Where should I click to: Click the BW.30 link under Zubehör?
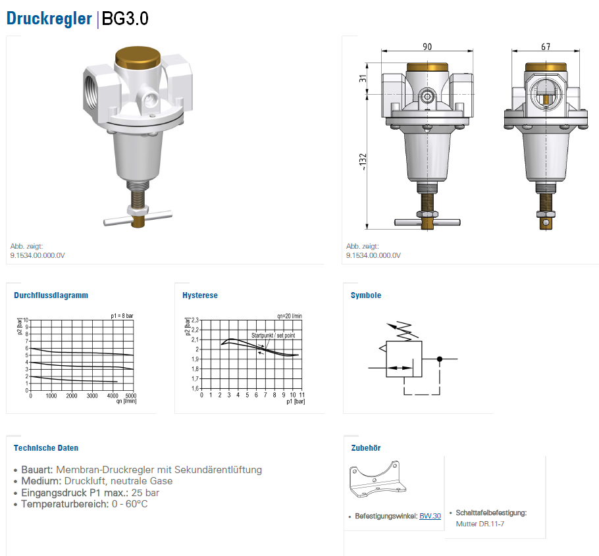pos(430,516)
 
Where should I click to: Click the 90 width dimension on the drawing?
pos(427,47)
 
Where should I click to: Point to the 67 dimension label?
pos(546,47)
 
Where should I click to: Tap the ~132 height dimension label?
pos(363,161)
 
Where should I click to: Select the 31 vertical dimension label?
pos(363,78)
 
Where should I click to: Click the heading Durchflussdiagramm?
pos(51,295)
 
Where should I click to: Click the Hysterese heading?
pos(200,295)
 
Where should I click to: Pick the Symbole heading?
pos(365,295)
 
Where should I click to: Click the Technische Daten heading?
pos(46,448)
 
